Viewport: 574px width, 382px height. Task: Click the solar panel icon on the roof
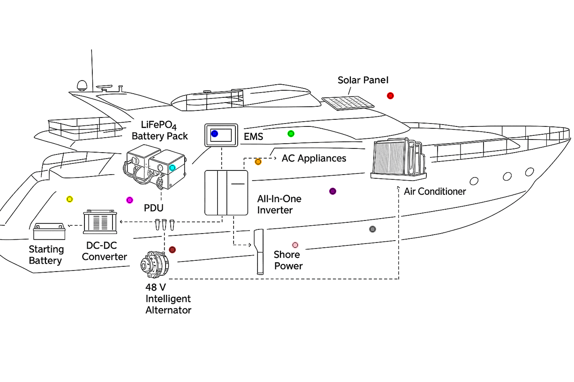point(348,103)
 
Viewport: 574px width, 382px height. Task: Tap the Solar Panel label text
point(363,81)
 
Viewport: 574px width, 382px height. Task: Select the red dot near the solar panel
point(390,95)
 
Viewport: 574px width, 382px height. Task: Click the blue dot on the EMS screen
point(214,133)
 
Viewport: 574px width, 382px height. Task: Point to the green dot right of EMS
point(291,134)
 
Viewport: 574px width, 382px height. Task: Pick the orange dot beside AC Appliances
point(258,162)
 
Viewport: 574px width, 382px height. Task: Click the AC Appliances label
point(314,158)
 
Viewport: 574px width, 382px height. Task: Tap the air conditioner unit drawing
point(398,159)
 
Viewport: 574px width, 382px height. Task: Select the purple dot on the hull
point(332,191)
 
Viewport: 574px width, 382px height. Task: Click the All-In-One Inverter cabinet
point(226,192)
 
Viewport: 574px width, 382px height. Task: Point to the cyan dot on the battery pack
point(172,168)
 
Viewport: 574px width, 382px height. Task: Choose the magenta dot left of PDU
point(130,200)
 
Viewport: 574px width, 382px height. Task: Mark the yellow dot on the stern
point(69,199)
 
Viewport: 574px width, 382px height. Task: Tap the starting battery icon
point(49,231)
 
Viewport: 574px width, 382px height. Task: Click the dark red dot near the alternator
point(172,250)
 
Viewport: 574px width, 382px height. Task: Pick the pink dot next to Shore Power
point(295,245)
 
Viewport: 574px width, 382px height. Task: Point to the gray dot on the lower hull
point(372,229)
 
